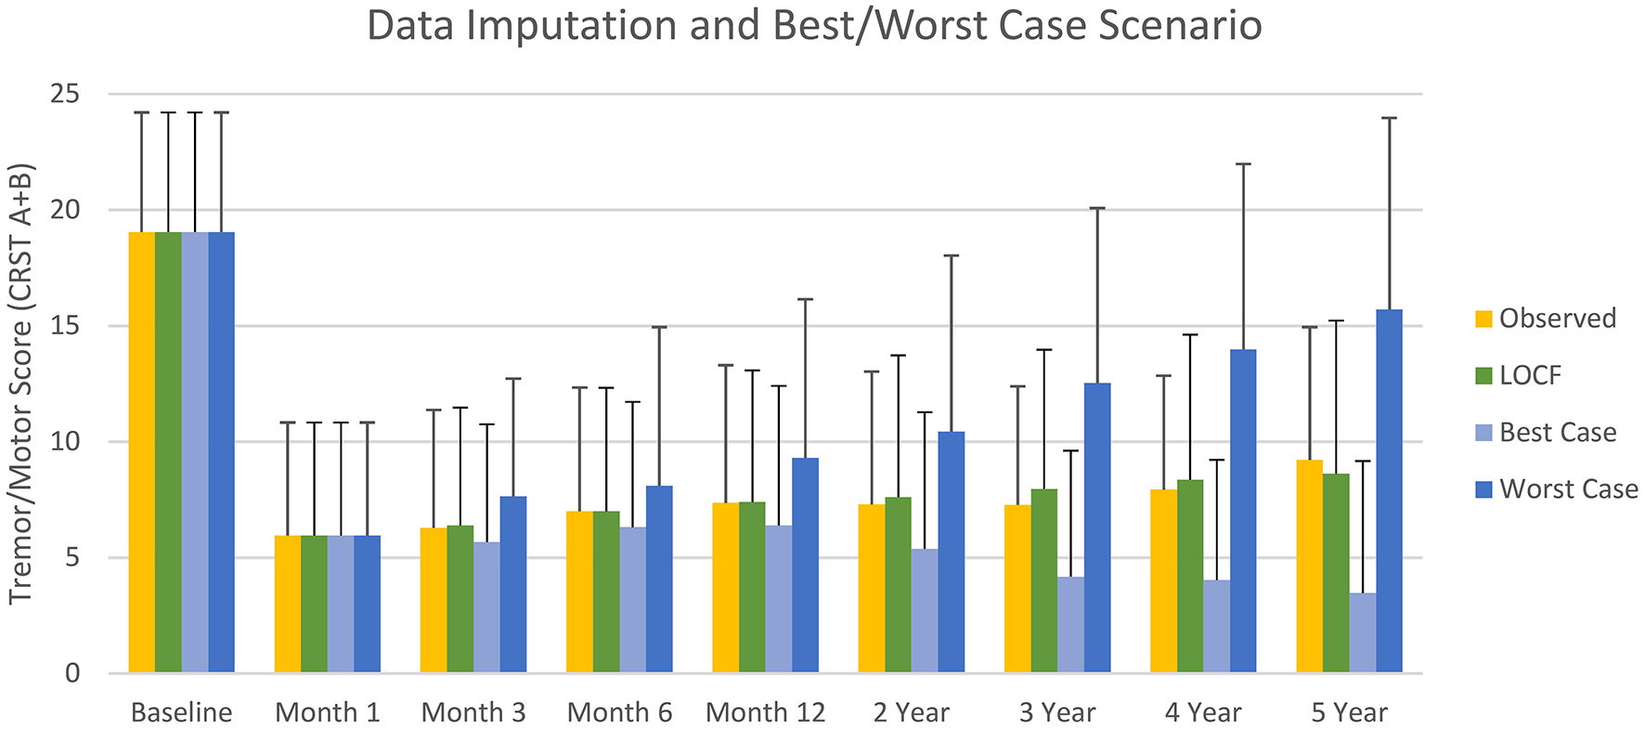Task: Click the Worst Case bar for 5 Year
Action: tap(1389, 492)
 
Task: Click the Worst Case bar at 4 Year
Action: tap(1243, 511)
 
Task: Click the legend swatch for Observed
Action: tap(1483, 319)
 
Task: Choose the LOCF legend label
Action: tap(1530, 375)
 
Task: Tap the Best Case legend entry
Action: tap(1557, 433)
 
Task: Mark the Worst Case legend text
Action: tap(1568, 489)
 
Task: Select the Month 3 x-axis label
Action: tap(473, 713)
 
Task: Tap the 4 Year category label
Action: tap(1203, 713)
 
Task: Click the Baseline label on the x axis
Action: tap(181, 713)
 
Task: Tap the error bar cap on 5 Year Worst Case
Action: tap(1389, 118)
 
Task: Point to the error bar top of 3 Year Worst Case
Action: tap(1097, 208)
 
